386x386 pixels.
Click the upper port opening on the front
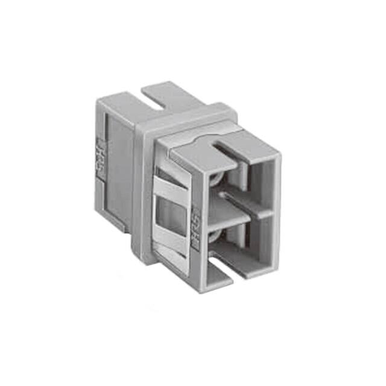click(241, 181)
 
